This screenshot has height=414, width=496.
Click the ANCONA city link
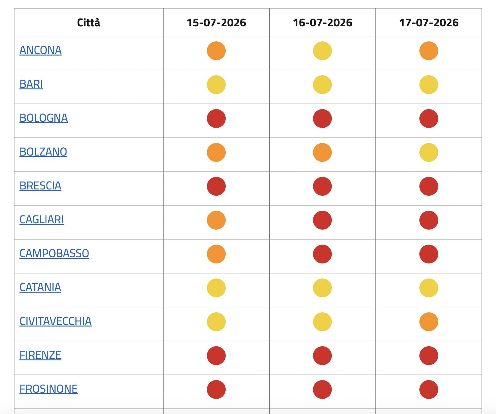click(x=40, y=50)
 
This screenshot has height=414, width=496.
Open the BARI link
click(x=31, y=84)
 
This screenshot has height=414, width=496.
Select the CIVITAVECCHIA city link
click(x=55, y=321)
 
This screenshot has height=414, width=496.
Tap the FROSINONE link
click(x=48, y=389)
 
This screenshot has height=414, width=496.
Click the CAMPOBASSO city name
click(x=54, y=253)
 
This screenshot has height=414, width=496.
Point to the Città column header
click(x=89, y=23)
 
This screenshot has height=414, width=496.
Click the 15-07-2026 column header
click(x=216, y=23)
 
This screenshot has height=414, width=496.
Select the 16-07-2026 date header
click(x=323, y=23)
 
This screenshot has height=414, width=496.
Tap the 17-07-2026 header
click(x=429, y=23)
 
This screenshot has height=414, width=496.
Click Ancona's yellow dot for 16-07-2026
click(x=322, y=51)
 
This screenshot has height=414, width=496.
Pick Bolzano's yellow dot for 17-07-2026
click(x=429, y=152)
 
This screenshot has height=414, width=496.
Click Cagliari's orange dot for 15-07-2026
click(x=216, y=220)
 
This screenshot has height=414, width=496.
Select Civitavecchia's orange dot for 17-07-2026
click(x=429, y=322)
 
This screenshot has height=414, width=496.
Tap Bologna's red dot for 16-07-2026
click(x=322, y=119)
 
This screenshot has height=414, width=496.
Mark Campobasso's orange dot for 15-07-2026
click(x=216, y=254)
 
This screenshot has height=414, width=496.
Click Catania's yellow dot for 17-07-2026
click(x=429, y=288)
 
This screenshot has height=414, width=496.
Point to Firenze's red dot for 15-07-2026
click(x=216, y=356)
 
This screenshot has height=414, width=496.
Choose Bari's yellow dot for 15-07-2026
click(x=216, y=85)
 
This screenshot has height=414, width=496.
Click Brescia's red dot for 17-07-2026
click(x=429, y=186)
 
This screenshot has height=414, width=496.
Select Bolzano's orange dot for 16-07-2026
click(x=322, y=152)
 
